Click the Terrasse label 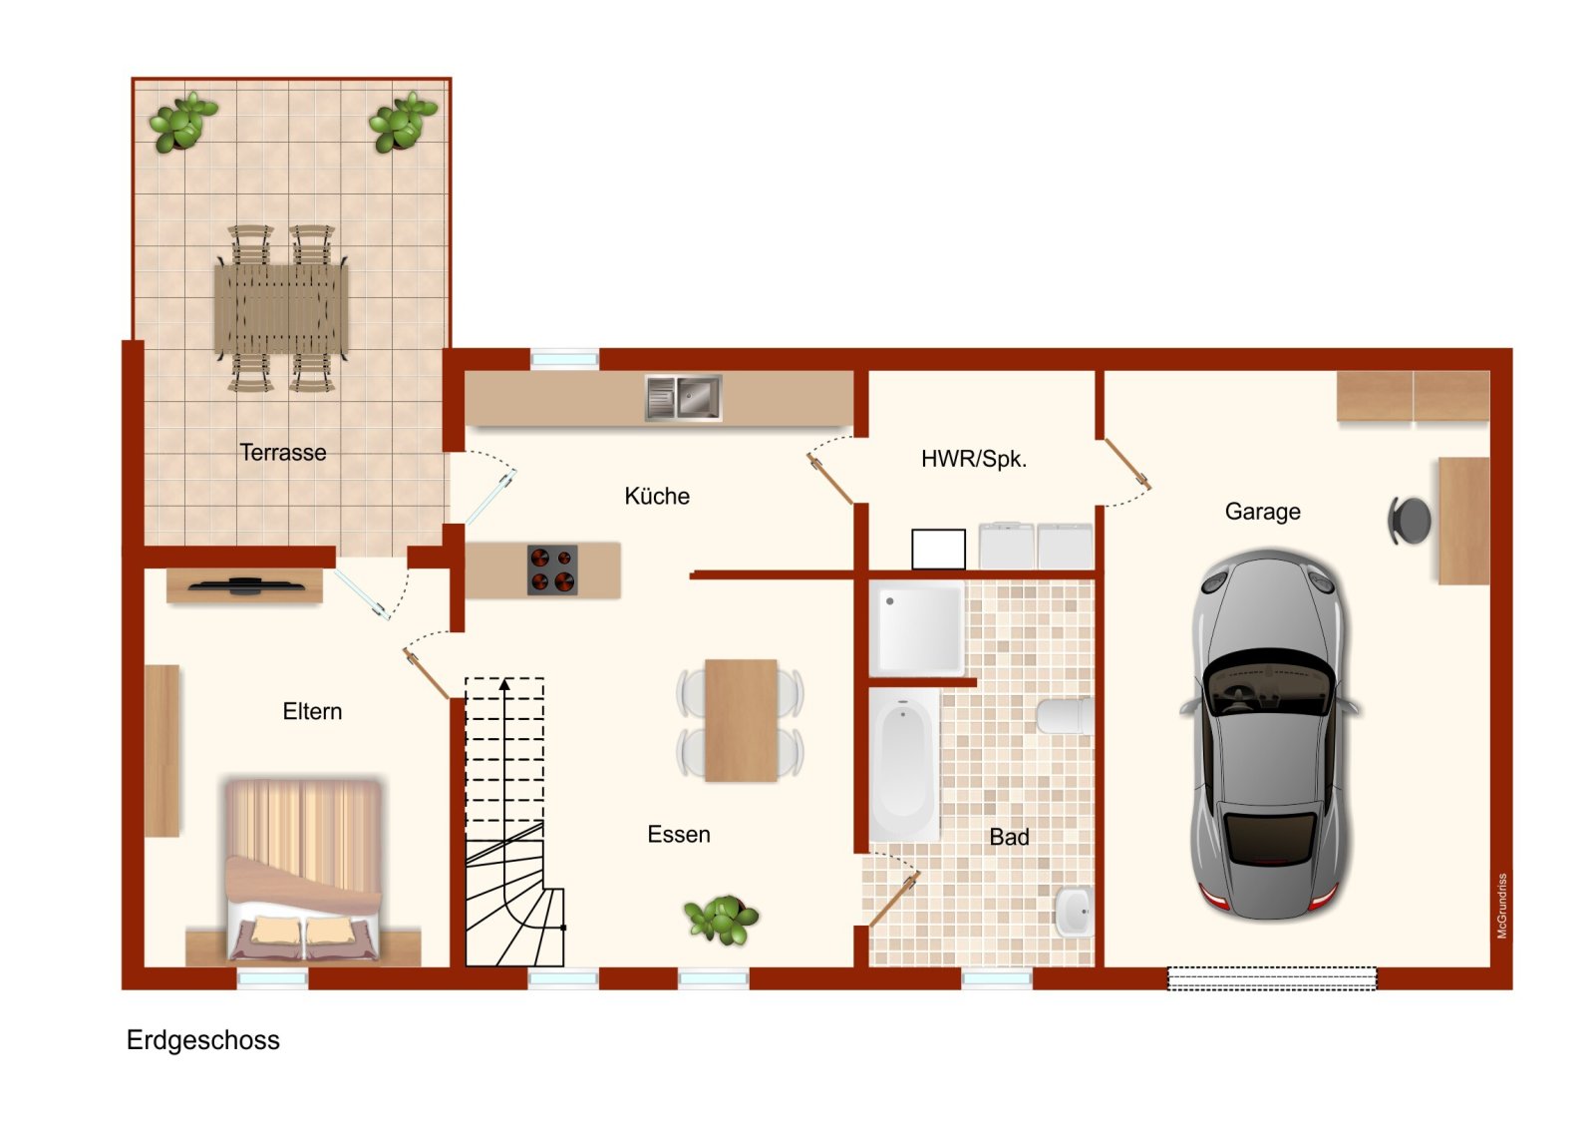click(283, 453)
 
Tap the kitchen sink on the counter click(683, 398)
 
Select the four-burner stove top click(552, 570)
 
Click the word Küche click(657, 496)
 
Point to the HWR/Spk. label click(973, 459)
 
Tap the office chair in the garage click(1410, 521)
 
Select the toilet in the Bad click(1064, 716)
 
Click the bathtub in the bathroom click(904, 763)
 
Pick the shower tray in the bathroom click(918, 630)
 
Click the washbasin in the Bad click(1073, 912)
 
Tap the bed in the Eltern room click(303, 870)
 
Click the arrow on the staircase click(505, 685)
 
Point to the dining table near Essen click(741, 719)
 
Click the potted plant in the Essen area click(721, 919)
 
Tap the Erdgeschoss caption click(203, 1040)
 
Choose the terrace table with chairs click(281, 307)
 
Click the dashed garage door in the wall click(1271, 978)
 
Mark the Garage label click(1262, 512)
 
